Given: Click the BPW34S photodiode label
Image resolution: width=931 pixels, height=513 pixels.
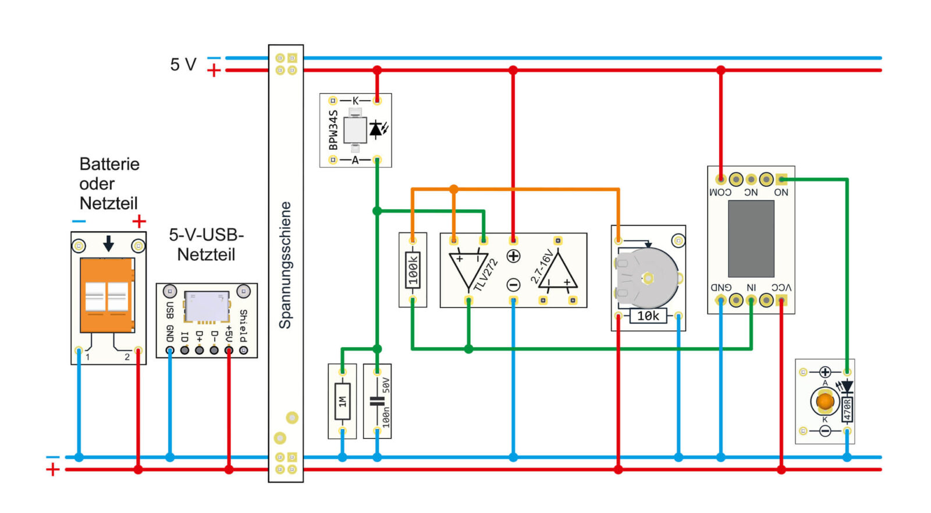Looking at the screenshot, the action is click(333, 130).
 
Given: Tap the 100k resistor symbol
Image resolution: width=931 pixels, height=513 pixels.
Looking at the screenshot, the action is click(413, 270).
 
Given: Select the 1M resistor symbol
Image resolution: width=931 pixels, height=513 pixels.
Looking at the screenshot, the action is click(343, 402).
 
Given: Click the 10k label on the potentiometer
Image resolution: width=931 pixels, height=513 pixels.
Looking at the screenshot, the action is click(648, 316).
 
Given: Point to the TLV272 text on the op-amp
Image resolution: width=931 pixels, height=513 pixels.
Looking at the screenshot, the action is click(485, 275).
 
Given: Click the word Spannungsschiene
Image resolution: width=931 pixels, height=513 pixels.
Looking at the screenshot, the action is click(285, 266).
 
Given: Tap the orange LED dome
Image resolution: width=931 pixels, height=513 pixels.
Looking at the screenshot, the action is click(825, 402).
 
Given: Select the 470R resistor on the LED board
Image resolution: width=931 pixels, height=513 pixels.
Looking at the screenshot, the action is click(847, 410).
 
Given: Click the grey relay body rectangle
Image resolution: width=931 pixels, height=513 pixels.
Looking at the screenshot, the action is click(751, 239).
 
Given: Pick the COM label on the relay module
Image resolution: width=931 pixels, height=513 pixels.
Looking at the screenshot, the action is click(720, 192).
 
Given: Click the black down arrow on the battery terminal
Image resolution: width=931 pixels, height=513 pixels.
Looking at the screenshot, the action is click(108, 243).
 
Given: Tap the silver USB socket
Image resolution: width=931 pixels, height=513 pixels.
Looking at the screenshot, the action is click(207, 307).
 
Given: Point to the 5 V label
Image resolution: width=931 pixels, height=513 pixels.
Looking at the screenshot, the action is click(183, 65).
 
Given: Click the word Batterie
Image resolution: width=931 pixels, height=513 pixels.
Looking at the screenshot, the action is click(109, 164).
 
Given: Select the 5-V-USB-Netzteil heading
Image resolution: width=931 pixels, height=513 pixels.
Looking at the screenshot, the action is click(206, 245).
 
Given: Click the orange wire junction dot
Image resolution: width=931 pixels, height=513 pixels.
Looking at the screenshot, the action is click(454, 190).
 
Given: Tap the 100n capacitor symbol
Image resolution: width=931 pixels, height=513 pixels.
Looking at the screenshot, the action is click(377, 401).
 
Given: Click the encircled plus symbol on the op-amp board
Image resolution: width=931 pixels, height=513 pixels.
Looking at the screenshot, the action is click(514, 256).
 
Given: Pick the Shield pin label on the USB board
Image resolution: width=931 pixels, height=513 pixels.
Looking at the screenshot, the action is click(244, 326).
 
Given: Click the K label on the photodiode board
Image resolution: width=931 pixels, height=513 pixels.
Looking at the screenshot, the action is click(356, 101).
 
